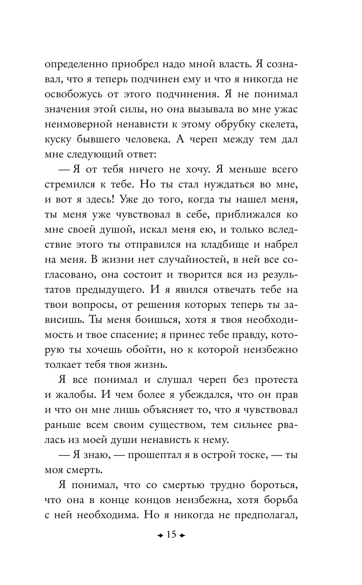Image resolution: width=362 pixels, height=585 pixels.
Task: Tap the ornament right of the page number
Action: tap(182, 535)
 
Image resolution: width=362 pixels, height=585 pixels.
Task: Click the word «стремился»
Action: tap(67, 184)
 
